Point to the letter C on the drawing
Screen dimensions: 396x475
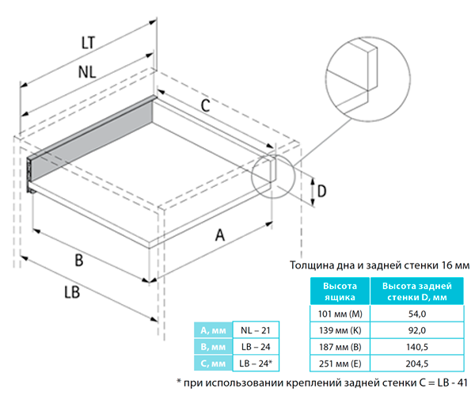coord(203,105)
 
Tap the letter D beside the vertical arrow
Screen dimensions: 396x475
coord(322,191)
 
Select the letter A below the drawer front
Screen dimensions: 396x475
coord(221,234)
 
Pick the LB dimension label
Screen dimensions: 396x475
coord(72,292)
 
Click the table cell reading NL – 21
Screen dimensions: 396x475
coord(255,329)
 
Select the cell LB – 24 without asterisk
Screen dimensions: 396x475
coord(255,347)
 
